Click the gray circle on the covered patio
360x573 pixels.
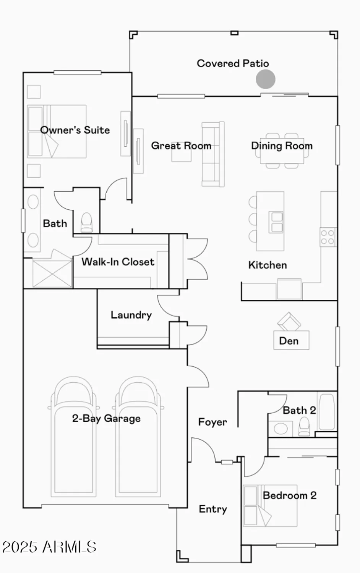tap(265, 79)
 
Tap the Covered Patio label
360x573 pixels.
tap(233, 63)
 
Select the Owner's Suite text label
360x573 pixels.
tap(75, 130)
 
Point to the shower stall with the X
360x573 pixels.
tap(52, 273)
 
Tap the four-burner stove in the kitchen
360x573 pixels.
tap(328, 236)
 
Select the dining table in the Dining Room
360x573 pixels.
tap(282, 151)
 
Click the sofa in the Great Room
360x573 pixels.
tap(213, 154)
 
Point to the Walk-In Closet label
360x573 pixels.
tap(118, 262)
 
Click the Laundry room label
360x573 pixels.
tap(131, 315)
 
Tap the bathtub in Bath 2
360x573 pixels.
tap(327, 412)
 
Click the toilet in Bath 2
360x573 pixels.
tap(304, 427)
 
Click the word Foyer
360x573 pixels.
tap(212, 422)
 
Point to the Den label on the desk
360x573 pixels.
tap(289, 341)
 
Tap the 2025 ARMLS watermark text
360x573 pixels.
tap(49, 547)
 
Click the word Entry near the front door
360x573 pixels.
tap(213, 509)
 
